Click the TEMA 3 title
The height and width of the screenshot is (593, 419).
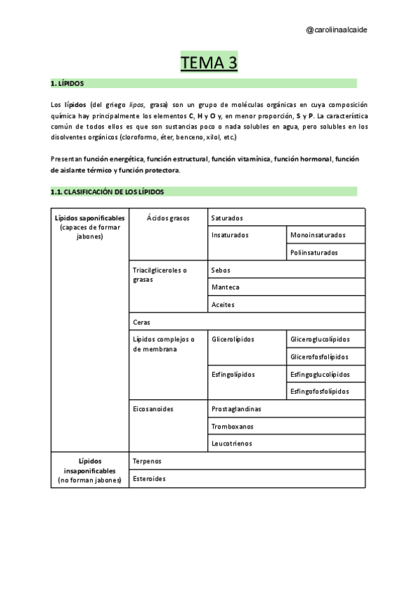click(209, 63)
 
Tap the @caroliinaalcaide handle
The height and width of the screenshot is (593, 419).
click(337, 30)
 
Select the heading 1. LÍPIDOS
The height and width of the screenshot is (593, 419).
click(68, 83)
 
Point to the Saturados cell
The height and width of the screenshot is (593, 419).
click(228, 218)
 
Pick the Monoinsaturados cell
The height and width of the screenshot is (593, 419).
click(318, 236)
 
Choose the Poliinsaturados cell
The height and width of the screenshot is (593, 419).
click(314, 252)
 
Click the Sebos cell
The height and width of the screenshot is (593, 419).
click(221, 270)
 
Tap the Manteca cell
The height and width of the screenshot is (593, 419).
click(225, 287)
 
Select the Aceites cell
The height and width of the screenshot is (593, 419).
click(223, 305)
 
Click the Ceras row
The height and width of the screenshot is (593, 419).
click(142, 322)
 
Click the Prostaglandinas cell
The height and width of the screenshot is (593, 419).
click(237, 409)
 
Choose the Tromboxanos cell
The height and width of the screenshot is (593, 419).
click(233, 426)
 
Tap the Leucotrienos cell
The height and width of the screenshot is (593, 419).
click(232, 443)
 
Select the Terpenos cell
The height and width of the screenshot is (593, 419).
click(147, 462)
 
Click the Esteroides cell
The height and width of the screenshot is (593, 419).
click(149, 479)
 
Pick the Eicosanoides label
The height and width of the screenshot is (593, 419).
click(153, 409)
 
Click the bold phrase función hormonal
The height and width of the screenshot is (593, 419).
click(303, 159)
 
